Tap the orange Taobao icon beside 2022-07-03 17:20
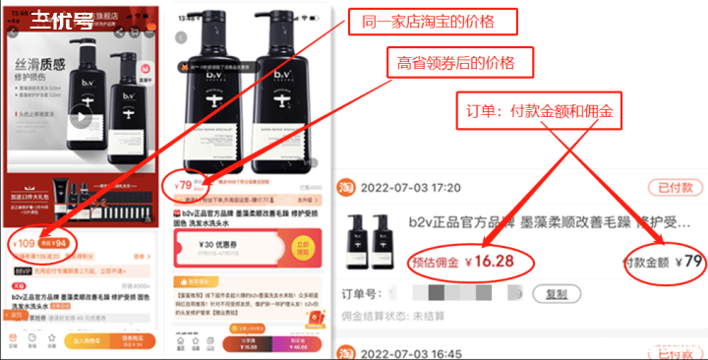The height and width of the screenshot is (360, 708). click(347, 187)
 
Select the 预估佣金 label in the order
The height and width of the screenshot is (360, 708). click(436, 263)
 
